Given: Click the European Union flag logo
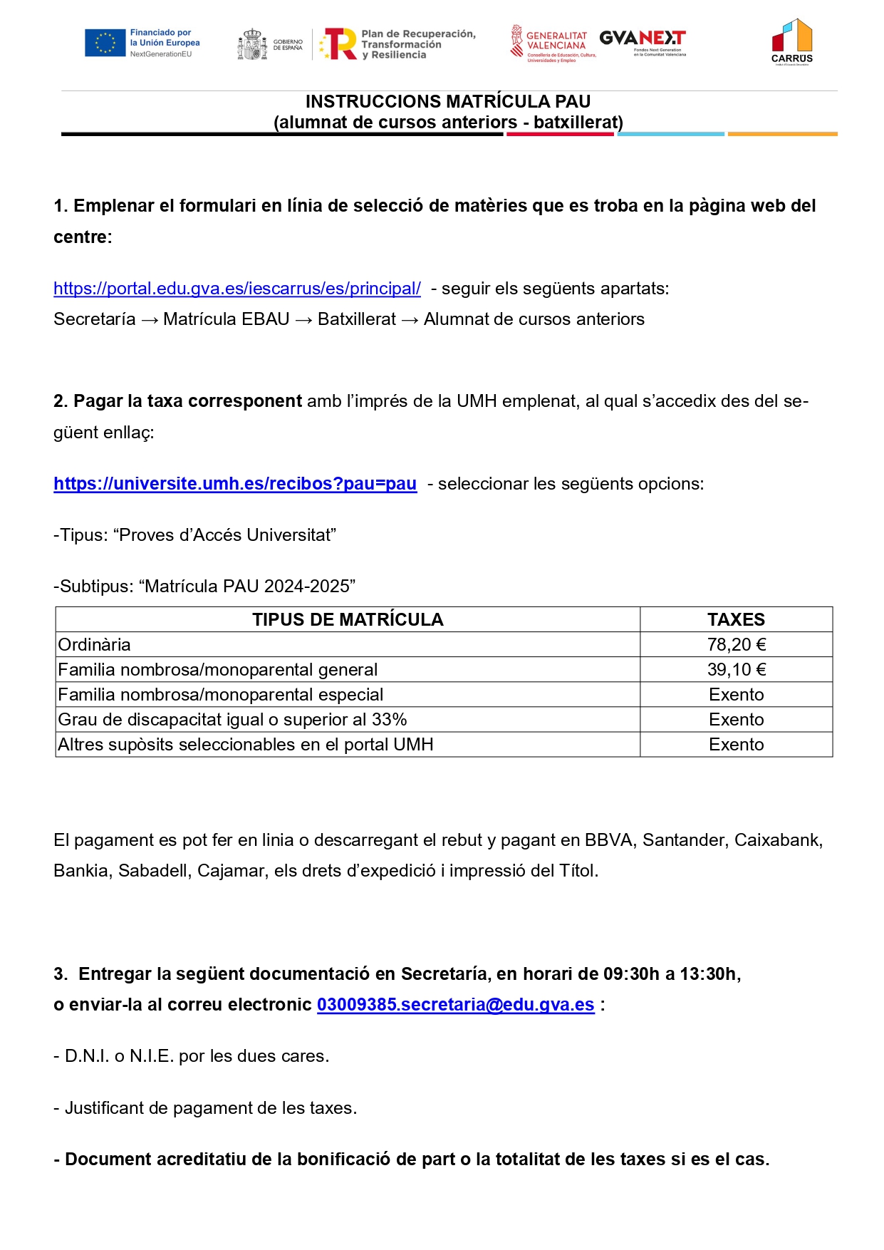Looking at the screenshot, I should (105, 43).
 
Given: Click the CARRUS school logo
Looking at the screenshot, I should (791, 42).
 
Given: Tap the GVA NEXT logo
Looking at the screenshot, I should (643, 41).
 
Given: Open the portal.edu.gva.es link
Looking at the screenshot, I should (237, 289).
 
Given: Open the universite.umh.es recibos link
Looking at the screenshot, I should (235, 484).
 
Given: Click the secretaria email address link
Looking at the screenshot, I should (455, 1005).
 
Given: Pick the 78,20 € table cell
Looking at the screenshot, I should (736, 645).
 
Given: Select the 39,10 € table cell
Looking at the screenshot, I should (736, 670).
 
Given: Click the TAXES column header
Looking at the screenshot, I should (736, 620).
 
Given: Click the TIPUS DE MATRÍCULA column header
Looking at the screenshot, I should (348, 620).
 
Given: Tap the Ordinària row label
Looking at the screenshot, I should (95, 645).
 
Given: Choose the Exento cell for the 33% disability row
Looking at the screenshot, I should (736, 720).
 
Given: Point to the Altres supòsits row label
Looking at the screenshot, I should (246, 745).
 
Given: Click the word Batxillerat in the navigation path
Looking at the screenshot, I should (357, 319).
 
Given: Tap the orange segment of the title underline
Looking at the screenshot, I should (782, 134).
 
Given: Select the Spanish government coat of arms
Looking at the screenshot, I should (252, 44).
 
